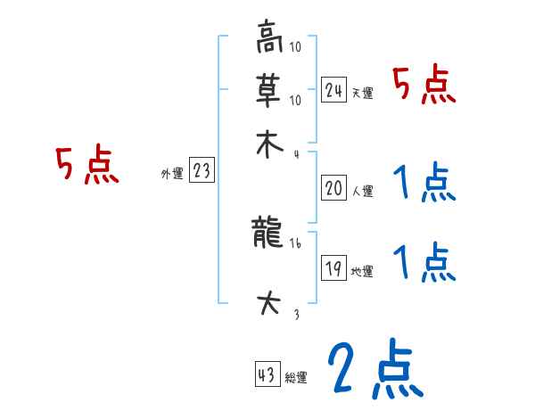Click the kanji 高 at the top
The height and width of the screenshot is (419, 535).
coord(268,39)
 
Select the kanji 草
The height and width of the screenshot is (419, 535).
coord(268,89)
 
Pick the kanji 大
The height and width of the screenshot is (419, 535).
coord(268,304)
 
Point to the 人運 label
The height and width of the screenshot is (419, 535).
coord(363,191)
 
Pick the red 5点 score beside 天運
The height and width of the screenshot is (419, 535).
coord(424,86)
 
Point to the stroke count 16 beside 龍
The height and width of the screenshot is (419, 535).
coord(295,243)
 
